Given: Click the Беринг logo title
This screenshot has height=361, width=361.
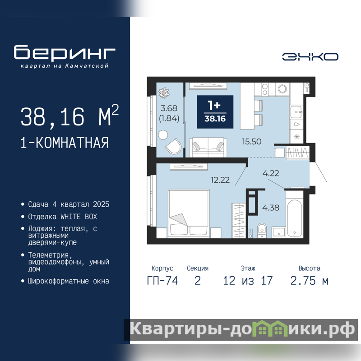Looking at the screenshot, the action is click(65, 53).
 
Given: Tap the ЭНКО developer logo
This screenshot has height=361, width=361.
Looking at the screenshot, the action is click(310, 57).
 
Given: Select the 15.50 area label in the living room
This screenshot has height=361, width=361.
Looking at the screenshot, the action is click(252, 141).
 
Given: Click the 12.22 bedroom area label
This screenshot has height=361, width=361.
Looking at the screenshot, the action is click(220, 180).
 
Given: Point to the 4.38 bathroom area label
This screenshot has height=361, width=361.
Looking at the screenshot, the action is click(271, 208).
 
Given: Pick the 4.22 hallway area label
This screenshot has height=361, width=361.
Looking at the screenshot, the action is click(271, 173).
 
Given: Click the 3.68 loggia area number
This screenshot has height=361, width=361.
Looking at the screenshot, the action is click(169, 108).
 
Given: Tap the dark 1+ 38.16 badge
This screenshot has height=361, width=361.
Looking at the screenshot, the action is click(215, 112).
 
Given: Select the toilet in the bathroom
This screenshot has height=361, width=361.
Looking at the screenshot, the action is click(262, 231).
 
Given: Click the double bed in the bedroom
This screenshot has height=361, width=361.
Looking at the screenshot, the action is click(189, 213).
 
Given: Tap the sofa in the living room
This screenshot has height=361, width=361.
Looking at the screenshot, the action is click(208, 148).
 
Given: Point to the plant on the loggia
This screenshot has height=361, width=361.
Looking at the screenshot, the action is click(164, 93).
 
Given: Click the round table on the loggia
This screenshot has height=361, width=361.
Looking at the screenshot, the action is click(163, 135).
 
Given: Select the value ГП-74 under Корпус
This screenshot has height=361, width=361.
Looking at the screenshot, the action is click(162, 281).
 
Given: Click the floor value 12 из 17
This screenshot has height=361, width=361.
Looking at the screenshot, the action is click(248, 281).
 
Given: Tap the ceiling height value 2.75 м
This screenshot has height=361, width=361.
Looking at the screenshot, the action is click(309, 281).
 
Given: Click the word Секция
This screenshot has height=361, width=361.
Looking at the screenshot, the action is click(198, 268).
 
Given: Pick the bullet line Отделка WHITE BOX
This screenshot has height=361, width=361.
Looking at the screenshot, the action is click(63, 217).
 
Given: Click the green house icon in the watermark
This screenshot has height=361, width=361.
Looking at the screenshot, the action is click(269, 329).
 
